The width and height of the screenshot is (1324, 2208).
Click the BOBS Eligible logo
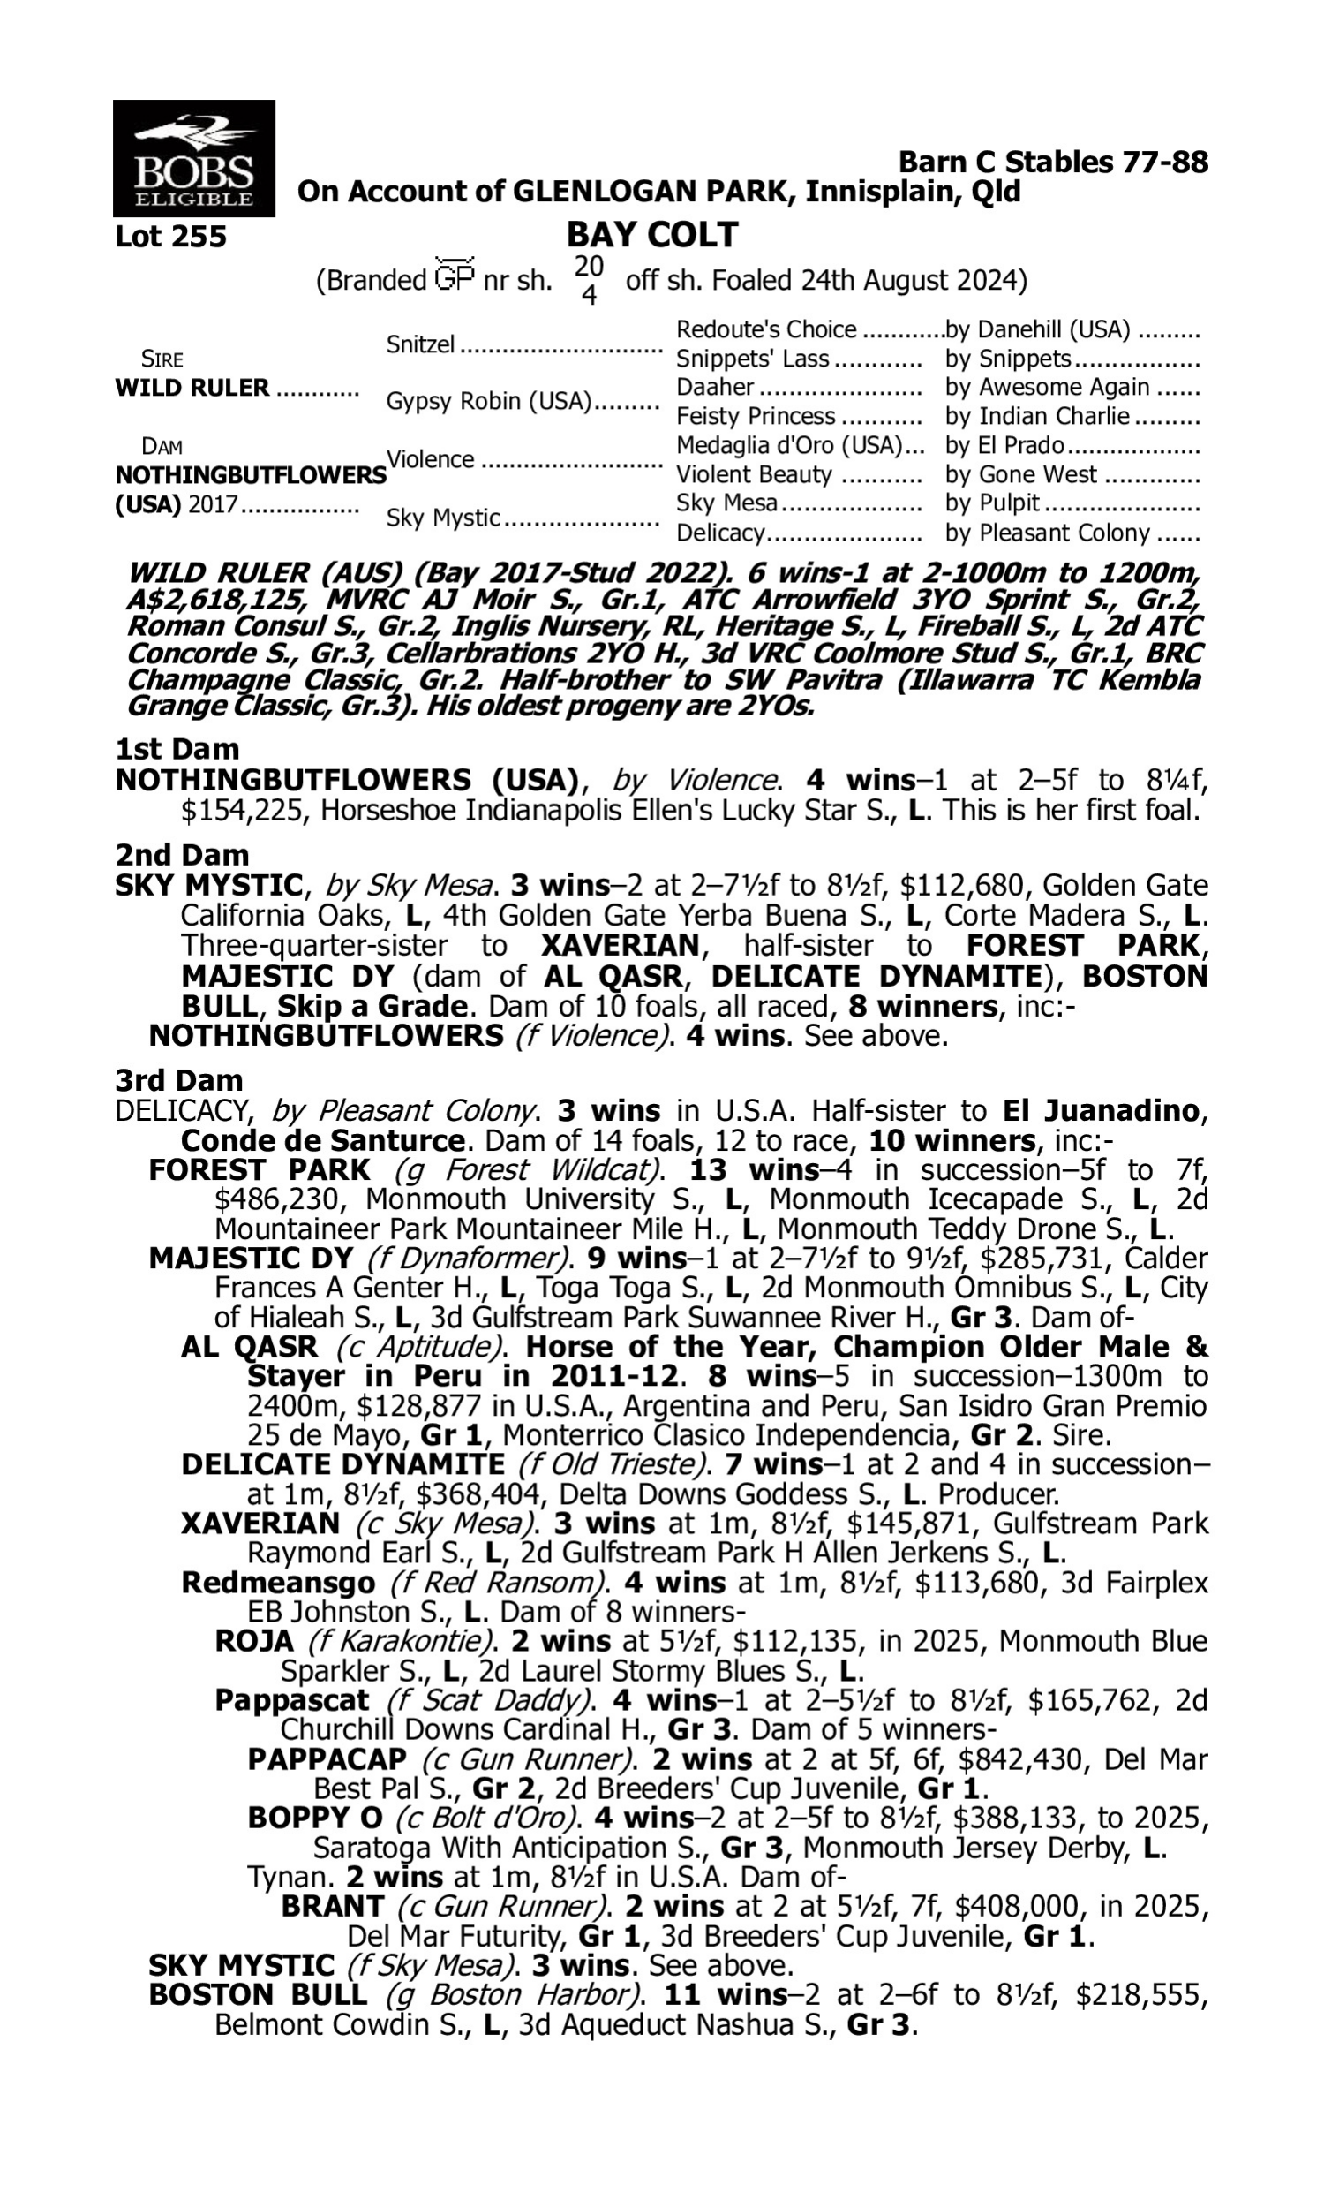pos(193,158)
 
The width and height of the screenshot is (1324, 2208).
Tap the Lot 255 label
pos(170,238)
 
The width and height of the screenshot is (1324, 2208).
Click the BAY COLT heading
pos(651,235)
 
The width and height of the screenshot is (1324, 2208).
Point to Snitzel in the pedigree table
pos(420,344)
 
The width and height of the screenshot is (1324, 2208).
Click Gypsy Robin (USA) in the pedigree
pos(489,402)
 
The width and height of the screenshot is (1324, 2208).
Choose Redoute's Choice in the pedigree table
pos(766,330)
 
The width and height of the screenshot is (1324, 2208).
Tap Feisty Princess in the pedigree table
pos(756,417)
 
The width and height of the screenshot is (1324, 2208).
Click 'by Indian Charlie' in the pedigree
pos(1037,417)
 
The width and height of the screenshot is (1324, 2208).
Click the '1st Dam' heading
pos(177,749)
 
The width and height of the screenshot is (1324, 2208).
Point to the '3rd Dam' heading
pos(178,1080)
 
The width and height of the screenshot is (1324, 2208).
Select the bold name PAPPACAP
pos(327,1760)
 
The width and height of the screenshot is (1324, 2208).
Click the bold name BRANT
pos(332,1906)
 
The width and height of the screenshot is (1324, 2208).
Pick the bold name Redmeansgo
pos(277,1584)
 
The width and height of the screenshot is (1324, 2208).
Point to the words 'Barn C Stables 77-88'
pos(1053,163)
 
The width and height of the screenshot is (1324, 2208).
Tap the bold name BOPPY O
pos(314,1818)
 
